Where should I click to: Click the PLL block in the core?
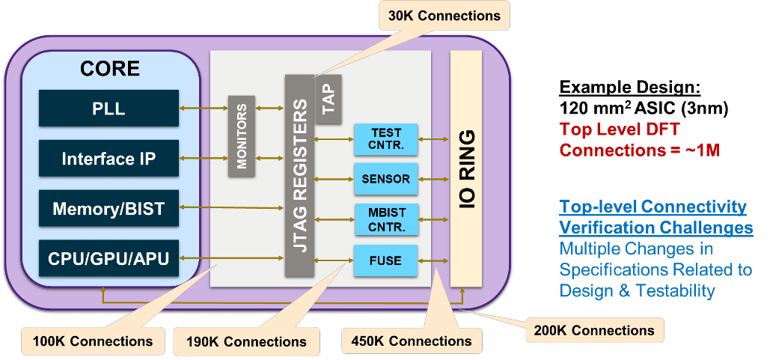point(109,109)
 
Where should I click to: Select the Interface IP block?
point(109,159)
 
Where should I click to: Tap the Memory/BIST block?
point(109,209)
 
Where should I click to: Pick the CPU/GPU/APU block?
point(109,259)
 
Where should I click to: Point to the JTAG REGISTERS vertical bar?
point(299,175)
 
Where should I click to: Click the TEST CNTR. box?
point(385,138)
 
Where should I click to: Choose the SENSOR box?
point(385,179)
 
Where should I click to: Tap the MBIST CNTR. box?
point(385,219)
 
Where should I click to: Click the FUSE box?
point(385,261)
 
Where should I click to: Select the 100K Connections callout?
point(93,341)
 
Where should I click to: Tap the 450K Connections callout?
point(412,341)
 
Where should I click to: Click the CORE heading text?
point(110,69)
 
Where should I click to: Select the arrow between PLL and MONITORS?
point(204,109)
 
